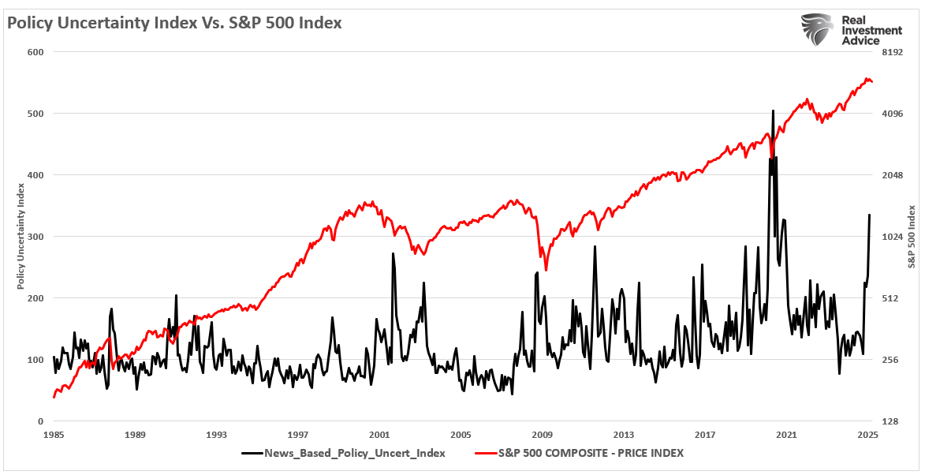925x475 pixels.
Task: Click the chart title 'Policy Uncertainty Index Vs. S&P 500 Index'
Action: tap(175, 23)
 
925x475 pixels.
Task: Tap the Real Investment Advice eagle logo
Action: tap(817, 29)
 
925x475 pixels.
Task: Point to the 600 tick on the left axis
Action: tap(35, 52)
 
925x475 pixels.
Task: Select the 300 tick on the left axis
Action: tap(35, 237)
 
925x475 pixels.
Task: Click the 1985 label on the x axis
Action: tap(54, 435)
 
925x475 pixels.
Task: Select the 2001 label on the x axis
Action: tap(379, 435)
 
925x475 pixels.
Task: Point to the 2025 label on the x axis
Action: tap(867, 435)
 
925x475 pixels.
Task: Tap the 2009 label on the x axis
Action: tap(543, 435)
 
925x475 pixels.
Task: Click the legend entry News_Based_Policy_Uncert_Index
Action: tap(343, 453)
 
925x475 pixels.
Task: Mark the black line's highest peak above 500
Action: tap(773, 111)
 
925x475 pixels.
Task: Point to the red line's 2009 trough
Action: tap(546, 269)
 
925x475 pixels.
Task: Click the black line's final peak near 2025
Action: tap(870, 215)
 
